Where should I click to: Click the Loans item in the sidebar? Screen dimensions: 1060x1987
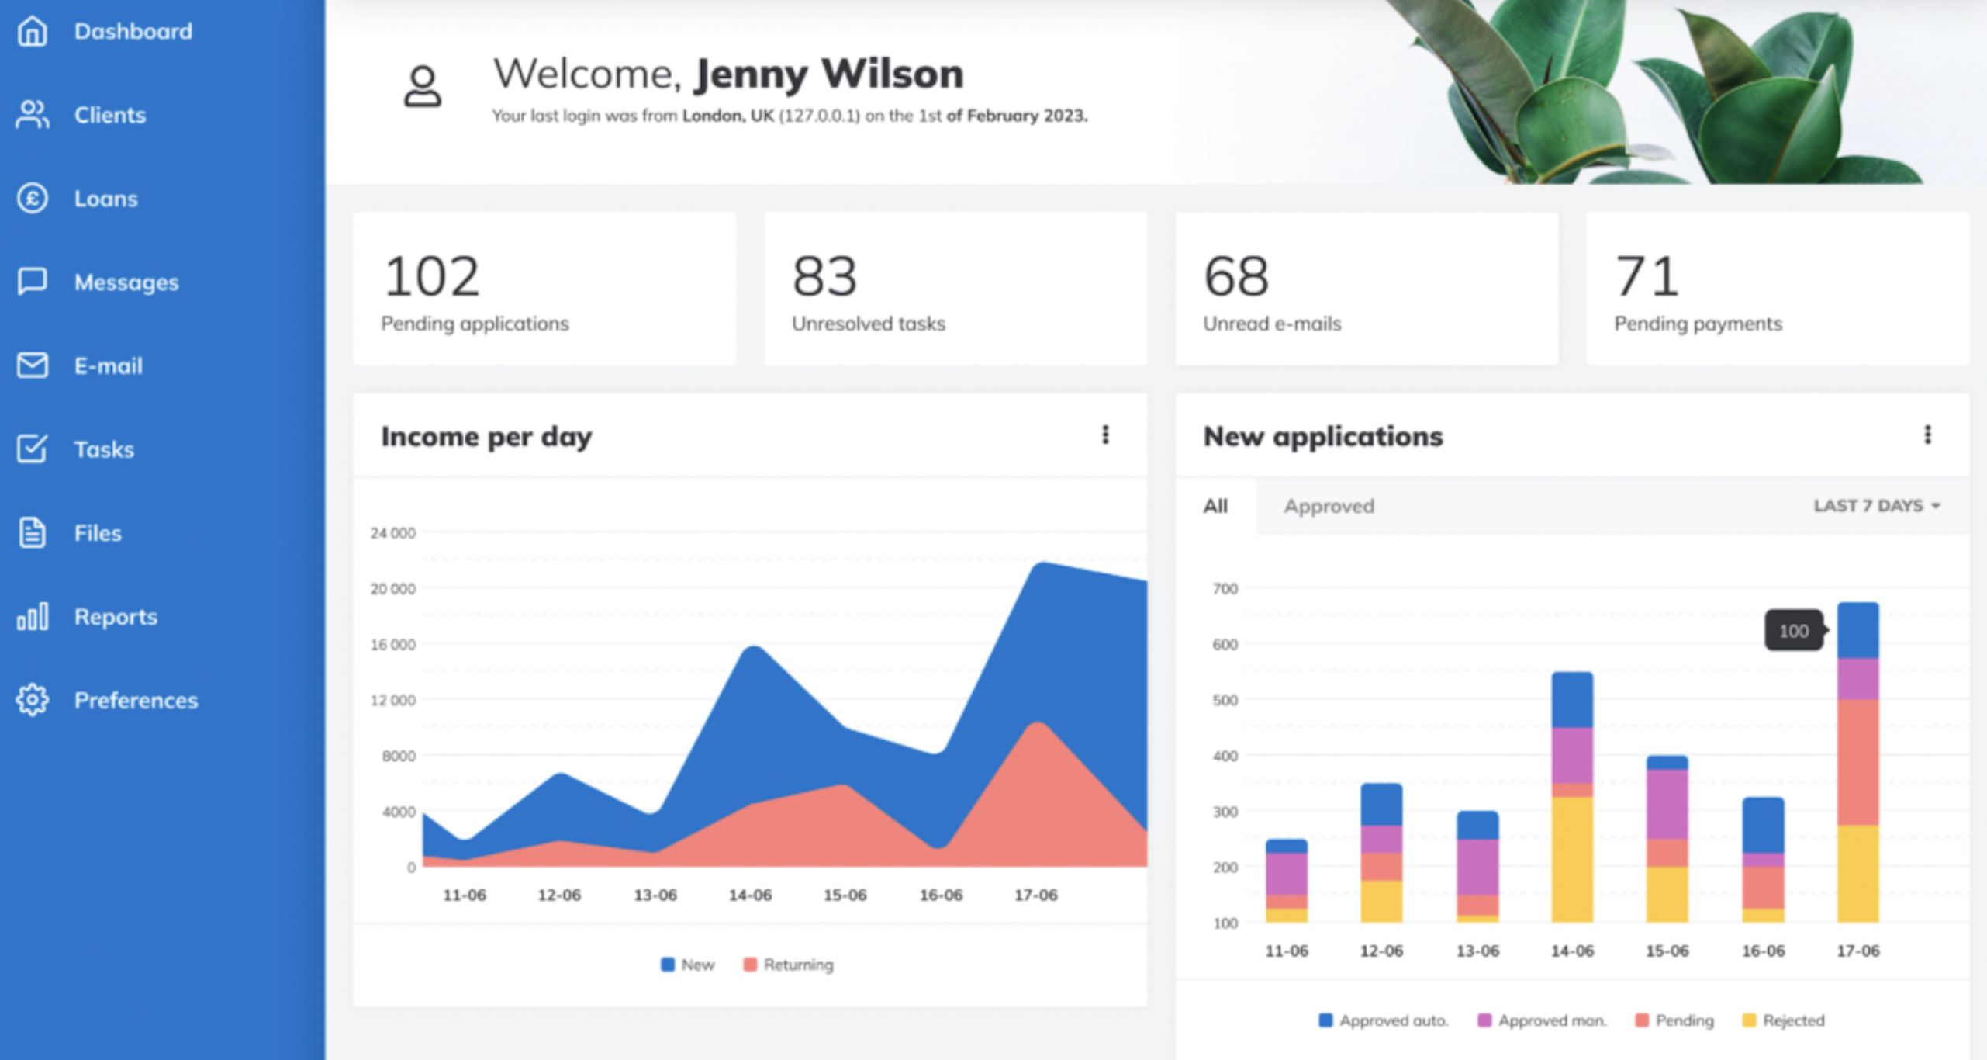coord(105,199)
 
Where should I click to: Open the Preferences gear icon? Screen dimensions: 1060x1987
coord(32,700)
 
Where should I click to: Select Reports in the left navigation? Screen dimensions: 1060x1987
coord(116,617)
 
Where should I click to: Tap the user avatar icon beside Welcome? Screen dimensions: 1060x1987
coord(423,87)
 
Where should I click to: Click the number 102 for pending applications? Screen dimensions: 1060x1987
coord(431,276)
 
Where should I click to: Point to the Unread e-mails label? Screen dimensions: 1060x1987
coord(1271,324)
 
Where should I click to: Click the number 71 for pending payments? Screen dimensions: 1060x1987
coord(1646,276)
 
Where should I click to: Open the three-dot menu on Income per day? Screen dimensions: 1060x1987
coord(1105,435)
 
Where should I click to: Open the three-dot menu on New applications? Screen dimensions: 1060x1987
coord(1927,435)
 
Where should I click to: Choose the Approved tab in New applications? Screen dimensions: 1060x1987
coord(1329,506)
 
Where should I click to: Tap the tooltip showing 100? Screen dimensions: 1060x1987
coord(1793,631)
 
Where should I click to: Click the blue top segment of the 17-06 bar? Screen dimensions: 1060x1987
coord(1857,630)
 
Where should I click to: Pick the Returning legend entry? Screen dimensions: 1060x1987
coord(789,965)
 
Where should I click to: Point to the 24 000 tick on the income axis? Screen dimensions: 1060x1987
coord(392,533)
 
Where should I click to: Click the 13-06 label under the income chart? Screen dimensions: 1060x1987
coord(655,895)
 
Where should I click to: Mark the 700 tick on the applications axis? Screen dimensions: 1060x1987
coord(1225,589)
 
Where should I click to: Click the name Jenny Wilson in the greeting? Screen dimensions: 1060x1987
coord(828,74)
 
